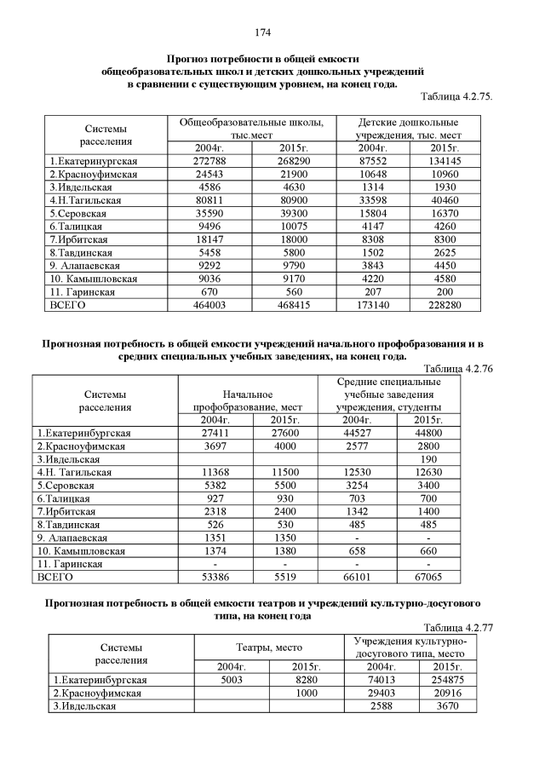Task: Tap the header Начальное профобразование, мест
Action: tap(247, 401)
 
